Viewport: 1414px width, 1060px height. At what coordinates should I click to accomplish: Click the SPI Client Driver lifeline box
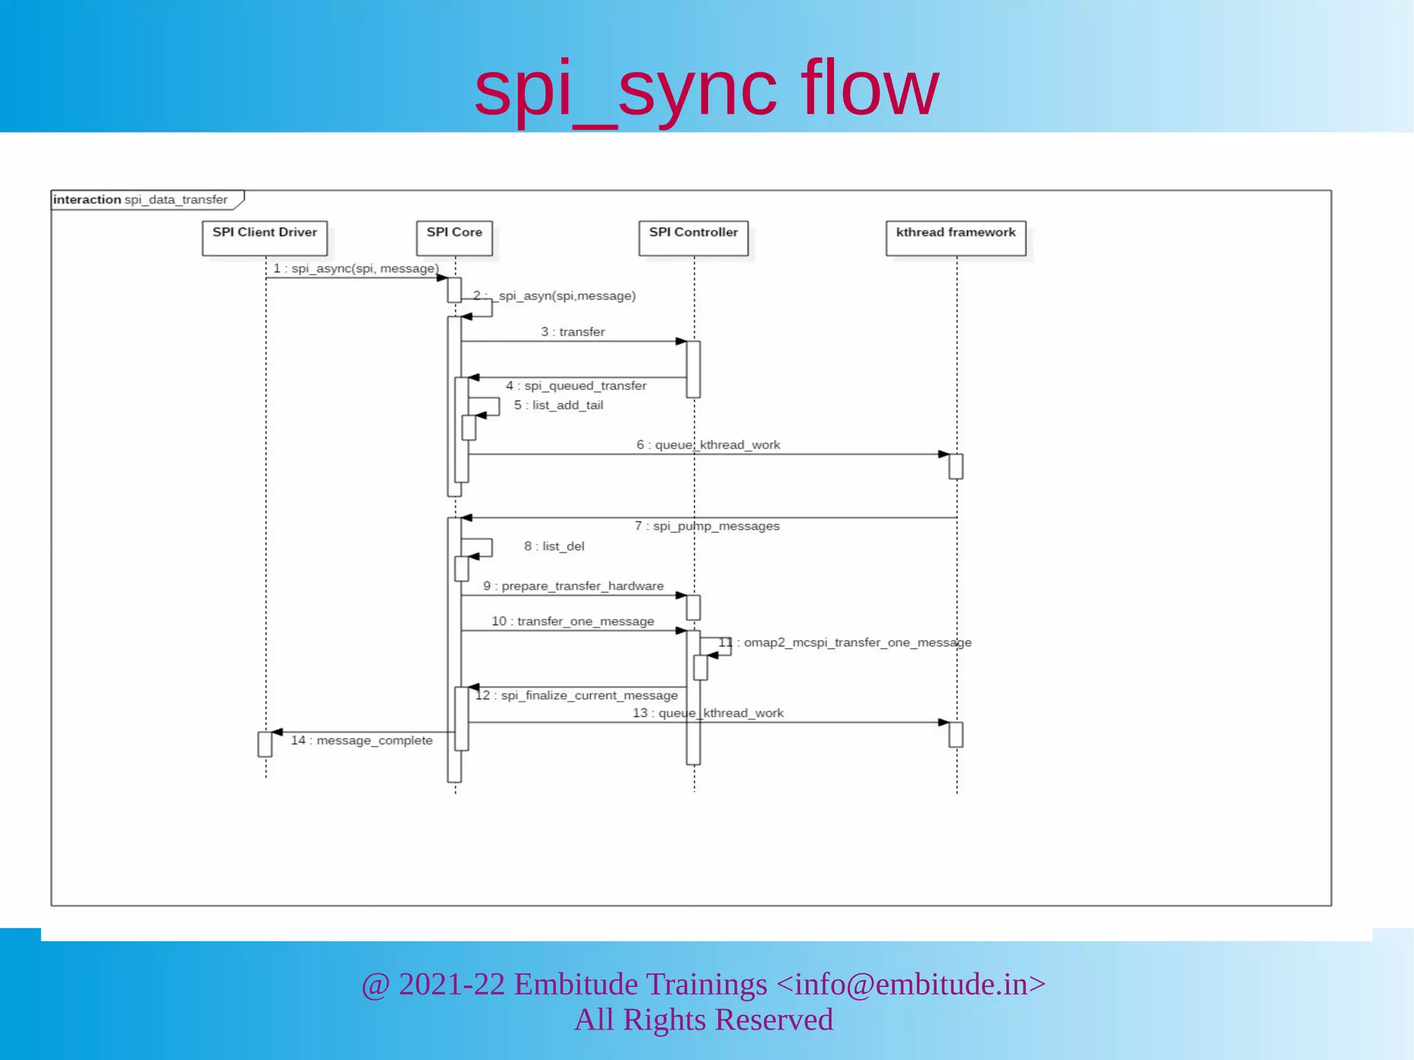(x=264, y=238)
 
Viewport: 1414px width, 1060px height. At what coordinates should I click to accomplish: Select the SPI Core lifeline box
(x=454, y=238)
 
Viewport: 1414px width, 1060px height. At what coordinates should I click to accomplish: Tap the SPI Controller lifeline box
(x=693, y=238)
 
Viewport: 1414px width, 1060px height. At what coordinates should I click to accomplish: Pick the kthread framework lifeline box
(x=956, y=238)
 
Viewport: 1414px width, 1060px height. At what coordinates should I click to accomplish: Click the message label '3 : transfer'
(x=572, y=332)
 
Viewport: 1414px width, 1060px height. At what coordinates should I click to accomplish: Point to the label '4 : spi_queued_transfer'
(x=576, y=386)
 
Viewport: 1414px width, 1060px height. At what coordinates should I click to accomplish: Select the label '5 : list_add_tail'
(x=558, y=405)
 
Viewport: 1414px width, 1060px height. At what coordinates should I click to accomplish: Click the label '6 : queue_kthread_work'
(x=708, y=445)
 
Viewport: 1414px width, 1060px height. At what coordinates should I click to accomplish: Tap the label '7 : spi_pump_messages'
(x=707, y=526)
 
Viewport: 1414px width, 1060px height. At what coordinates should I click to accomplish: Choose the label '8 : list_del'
(x=554, y=547)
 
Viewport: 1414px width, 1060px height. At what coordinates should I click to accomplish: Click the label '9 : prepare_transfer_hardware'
(x=573, y=586)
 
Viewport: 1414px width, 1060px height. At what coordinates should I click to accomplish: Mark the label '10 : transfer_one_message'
(x=572, y=621)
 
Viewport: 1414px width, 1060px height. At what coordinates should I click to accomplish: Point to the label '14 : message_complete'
(x=361, y=740)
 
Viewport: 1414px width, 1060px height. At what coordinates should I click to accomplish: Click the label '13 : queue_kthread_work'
(x=708, y=713)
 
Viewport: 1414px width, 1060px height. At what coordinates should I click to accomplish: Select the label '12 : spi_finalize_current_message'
(x=577, y=696)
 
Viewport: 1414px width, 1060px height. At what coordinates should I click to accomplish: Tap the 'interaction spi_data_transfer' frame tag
(x=141, y=199)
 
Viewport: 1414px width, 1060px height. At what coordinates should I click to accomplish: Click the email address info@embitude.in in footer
(x=911, y=984)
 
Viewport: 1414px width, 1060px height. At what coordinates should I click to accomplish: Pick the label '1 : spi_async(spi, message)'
(x=356, y=268)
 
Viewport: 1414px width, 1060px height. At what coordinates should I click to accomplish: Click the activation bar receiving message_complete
(x=265, y=745)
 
